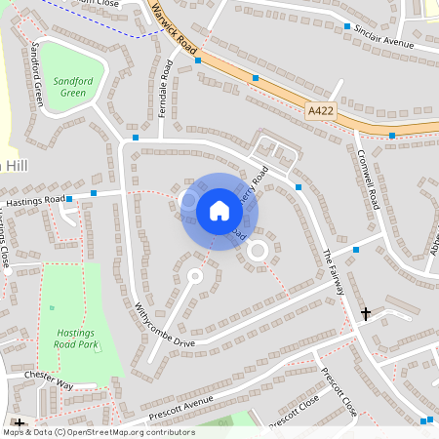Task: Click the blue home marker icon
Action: (x=219, y=211)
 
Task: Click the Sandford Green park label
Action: (x=71, y=87)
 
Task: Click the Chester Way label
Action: (x=50, y=379)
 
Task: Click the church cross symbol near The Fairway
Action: (x=366, y=313)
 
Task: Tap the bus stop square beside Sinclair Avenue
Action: (x=347, y=26)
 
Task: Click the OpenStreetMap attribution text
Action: (x=98, y=431)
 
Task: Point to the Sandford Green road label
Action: (x=38, y=73)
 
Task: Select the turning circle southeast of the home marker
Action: (x=258, y=251)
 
